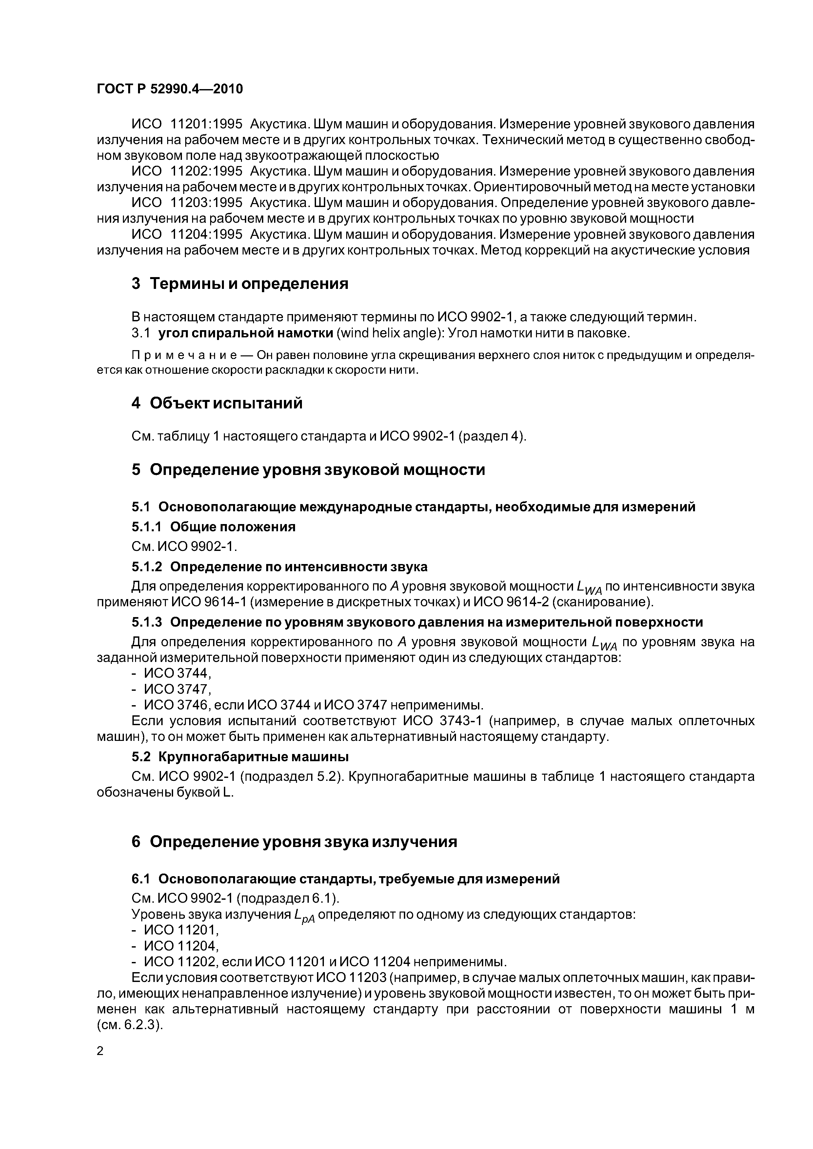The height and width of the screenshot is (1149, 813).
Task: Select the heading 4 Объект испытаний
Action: point(217,403)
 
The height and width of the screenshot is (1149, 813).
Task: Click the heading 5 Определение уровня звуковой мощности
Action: point(308,470)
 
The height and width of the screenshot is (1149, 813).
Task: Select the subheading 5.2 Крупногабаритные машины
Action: point(240,756)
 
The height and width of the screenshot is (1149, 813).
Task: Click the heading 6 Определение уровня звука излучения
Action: point(294,842)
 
